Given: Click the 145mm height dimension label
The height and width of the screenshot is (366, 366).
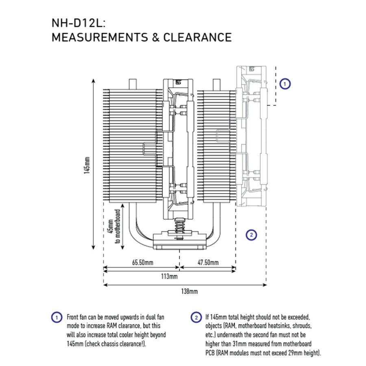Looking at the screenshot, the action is tap(87, 165).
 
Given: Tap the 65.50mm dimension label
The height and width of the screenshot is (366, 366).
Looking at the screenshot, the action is tap(143, 262).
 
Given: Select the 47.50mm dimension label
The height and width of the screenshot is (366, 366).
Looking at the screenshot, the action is tap(208, 262).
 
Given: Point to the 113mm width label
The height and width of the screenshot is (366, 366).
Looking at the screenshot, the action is tap(169, 277).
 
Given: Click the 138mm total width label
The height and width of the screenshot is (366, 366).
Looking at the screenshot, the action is tap(189, 291).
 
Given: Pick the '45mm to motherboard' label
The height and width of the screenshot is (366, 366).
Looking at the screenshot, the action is tap(114, 226).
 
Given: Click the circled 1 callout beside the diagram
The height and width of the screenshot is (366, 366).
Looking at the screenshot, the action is tap(285, 84).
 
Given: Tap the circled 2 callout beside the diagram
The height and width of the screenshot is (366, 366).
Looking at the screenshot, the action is tap(251, 235).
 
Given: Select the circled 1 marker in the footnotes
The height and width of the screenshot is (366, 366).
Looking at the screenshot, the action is tap(57, 318).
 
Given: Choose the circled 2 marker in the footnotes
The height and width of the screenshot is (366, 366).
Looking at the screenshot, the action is tap(196, 318).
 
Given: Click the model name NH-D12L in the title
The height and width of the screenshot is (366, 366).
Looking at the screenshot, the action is tap(77, 23).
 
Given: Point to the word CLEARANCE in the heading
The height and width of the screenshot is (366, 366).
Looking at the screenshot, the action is tap(197, 37).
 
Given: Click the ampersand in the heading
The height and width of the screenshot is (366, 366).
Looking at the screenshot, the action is tap(155, 37).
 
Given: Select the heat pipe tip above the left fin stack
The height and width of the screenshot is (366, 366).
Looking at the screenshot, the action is tap(133, 84).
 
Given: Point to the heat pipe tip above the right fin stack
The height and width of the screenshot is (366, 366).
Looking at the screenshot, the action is tap(216, 85).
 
